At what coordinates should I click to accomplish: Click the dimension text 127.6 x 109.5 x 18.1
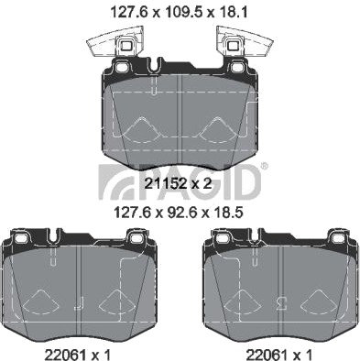[x=179, y=13]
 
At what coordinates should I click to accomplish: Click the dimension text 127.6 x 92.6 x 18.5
[x=178, y=213]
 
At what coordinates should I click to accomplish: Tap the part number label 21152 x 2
[x=178, y=183]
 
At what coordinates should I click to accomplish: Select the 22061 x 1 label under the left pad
[x=77, y=355]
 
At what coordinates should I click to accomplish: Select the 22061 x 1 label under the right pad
[x=279, y=355]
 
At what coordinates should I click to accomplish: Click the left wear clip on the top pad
[x=115, y=43]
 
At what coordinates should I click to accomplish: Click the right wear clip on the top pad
[x=245, y=43]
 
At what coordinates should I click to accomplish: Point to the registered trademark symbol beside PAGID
[x=265, y=166]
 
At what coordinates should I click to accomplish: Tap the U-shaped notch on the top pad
[x=154, y=65]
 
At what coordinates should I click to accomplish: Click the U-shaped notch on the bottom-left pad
[x=53, y=235]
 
